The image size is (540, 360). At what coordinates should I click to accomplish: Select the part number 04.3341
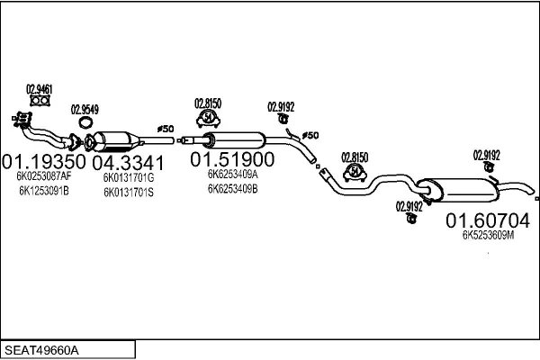tap(128, 162)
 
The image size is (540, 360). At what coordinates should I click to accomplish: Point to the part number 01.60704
tap(489, 220)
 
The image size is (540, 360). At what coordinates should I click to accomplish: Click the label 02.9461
tap(39, 88)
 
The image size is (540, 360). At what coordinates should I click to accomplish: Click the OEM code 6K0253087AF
tap(43, 177)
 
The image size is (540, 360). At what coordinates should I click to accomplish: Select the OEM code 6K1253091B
tap(42, 191)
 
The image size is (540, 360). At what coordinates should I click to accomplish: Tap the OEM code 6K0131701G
tap(129, 178)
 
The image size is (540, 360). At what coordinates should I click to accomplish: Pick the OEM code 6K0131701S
tap(129, 192)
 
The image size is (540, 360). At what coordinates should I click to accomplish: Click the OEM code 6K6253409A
tap(232, 175)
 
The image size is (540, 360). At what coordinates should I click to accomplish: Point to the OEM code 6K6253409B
tap(232, 189)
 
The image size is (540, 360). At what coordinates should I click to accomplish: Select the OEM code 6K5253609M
tap(488, 235)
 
